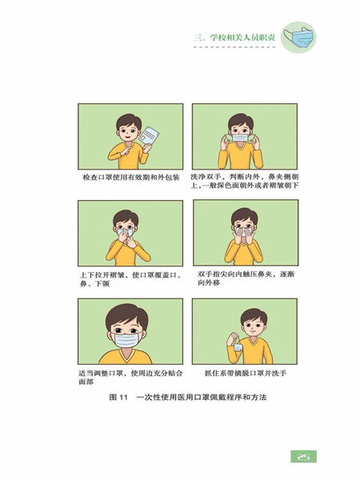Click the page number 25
pyautogui.click(x=303, y=457)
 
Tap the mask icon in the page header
pyautogui.click(x=298, y=38)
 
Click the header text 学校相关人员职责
pyautogui.click(x=242, y=38)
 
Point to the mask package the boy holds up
pyautogui.click(x=149, y=135)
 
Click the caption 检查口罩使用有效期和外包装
pyautogui.click(x=131, y=178)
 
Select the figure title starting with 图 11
pyautogui.click(x=188, y=398)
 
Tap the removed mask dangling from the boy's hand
pyautogui.click(x=238, y=347)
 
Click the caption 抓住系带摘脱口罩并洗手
pyautogui.click(x=246, y=373)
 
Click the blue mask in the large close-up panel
pyautogui.click(x=126, y=340)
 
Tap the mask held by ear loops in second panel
pyautogui.click(x=240, y=138)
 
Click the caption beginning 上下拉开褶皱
pyautogui.click(x=130, y=279)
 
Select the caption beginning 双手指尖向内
pyautogui.click(x=246, y=278)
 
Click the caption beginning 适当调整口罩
pyautogui.click(x=130, y=378)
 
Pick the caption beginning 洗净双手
pyautogui.click(x=245, y=182)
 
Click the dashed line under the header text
pyautogui.click(x=234, y=47)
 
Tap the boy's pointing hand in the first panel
pyautogui.click(x=126, y=150)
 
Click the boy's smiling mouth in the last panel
pyautogui.click(x=250, y=331)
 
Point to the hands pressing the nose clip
pyautogui.click(x=243, y=236)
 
